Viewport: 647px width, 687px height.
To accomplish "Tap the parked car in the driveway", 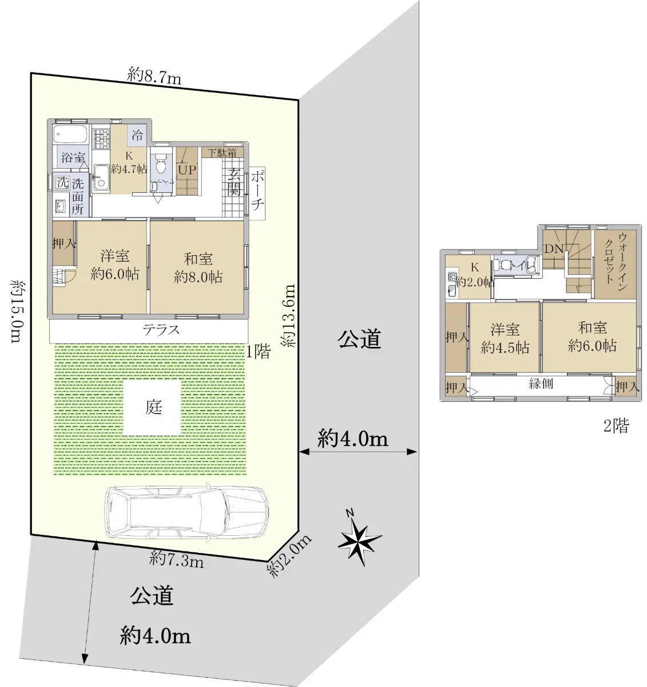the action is coord(186,512).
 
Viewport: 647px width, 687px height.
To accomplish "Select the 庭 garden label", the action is coord(153,407).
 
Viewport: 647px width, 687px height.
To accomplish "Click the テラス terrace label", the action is coord(161,330).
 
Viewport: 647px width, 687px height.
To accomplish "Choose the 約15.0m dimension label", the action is coord(17,311).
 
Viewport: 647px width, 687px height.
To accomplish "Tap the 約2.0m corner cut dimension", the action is coord(289,558).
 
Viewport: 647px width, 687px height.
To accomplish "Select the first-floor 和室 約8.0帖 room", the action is coord(199,267).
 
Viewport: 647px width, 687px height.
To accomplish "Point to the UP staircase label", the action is coord(187,170).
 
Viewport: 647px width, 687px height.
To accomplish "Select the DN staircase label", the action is coord(554,248).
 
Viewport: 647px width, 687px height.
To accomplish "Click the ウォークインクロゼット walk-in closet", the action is coord(615,264).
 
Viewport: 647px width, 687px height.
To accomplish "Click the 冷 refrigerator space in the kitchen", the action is coord(137,135).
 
